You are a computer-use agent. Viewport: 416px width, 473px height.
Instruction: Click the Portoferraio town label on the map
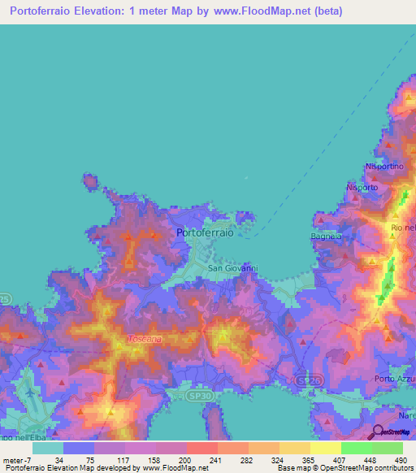[x=205, y=232]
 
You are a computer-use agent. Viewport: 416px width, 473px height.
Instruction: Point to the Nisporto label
[x=362, y=187]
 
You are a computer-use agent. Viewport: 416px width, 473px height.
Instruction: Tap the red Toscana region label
[x=145, y=338]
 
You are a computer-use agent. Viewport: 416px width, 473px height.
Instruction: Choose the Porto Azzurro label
[x=395, y=379]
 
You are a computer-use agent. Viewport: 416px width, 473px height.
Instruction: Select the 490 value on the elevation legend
[x=400, y=459]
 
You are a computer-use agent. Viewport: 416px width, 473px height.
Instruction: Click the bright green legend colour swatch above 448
[x=356, y=448]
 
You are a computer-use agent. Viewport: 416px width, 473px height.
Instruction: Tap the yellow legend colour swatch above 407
[x=325, y=448]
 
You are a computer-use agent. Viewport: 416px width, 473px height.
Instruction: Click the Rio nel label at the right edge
[x=402, y=228]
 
